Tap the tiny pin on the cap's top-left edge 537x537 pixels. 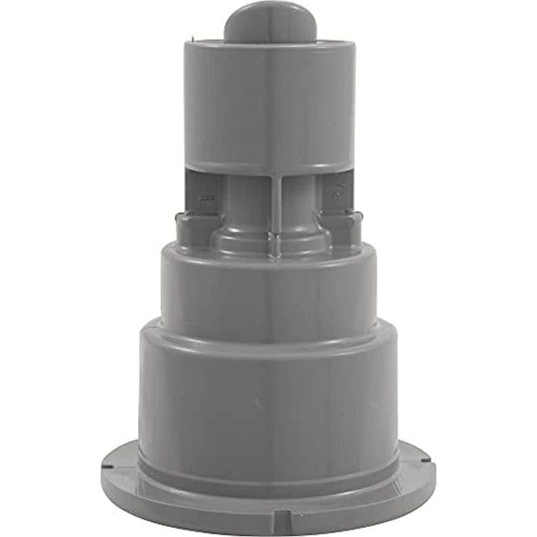(188, 40)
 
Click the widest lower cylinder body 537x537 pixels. (269, 398)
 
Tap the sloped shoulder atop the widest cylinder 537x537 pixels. (269, 333)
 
